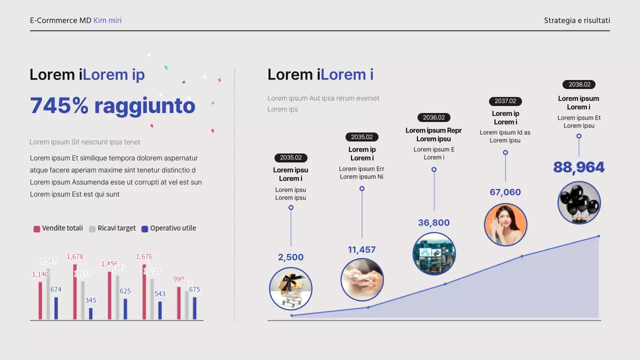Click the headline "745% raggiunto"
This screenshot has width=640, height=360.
[x=112, y=105]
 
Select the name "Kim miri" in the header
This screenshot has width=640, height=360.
[x=107, y=20]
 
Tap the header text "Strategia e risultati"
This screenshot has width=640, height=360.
[x=577, y=20]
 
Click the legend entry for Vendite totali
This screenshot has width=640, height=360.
[x=58, y=228]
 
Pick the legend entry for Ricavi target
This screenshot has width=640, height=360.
[x=112, y=228]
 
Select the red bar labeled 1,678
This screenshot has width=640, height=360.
[x=75, y=291]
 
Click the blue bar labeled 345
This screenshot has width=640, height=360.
[x=90, y=313]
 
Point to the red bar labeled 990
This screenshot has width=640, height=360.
[x=179, y=303]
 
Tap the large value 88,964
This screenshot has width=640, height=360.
[x=578, y=167]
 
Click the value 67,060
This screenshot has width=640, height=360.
[x=505, y=192]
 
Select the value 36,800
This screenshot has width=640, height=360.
[x=433, y=222]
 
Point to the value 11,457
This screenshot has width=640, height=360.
[x=361, y=249]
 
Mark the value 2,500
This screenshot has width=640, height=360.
[x=290, y=257]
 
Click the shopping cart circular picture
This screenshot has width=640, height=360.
[x=290, y=288]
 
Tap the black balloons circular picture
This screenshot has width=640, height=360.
[x=579, y=202]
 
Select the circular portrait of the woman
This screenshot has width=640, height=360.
[x=505, y=224]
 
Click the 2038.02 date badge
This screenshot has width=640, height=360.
[x=578, y=84]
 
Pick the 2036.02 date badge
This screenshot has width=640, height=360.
[x=433, y=117]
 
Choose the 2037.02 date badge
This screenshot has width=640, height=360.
[x=505, y=101]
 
